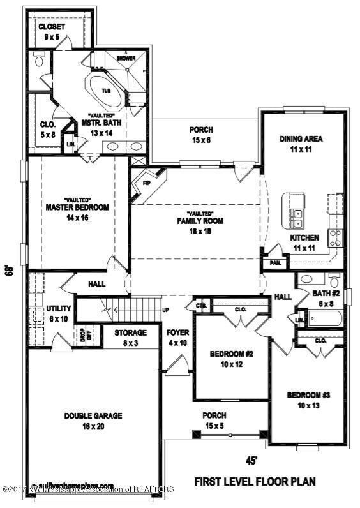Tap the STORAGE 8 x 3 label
(131, 337)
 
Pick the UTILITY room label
(59, 313)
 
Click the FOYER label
(177, 337)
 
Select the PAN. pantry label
(276, 262)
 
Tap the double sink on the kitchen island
(296, 218)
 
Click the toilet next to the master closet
(40, 61)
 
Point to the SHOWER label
(125, 58)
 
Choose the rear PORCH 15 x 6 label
(202, 135)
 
